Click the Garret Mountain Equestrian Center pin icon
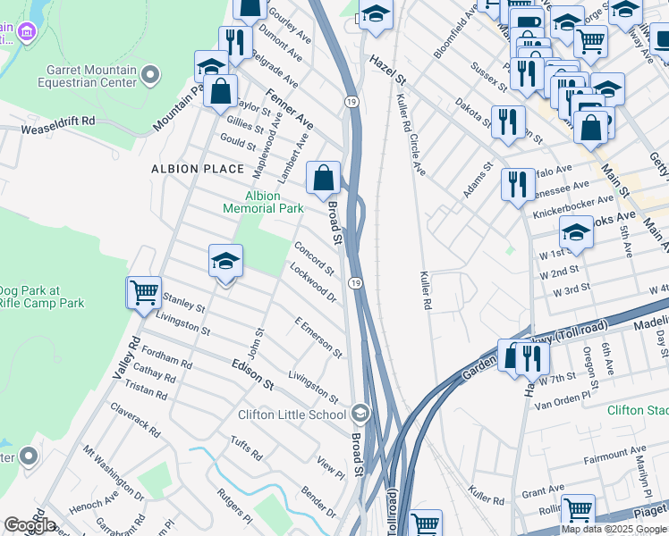coord(150,73)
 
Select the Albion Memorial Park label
coord(263,202)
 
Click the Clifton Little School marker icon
coord(360,414)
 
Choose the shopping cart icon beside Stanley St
coord(144,291)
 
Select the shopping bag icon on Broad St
coord(323,177)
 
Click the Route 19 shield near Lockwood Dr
coord(355,283)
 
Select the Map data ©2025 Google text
coord(614,529)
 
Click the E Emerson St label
coord(318,337)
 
